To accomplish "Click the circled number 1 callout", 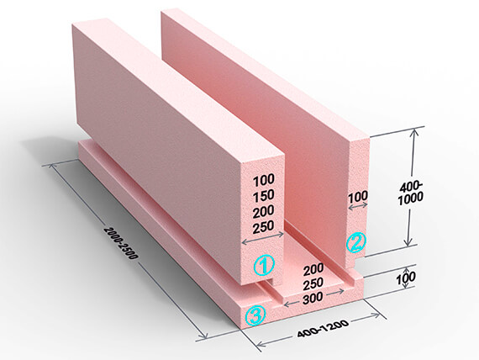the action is (264, 266).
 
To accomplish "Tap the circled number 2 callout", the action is (355, 242).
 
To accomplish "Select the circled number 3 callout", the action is (255, 315).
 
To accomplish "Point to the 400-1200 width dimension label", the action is (323, 329).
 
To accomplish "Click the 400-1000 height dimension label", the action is (411, 193).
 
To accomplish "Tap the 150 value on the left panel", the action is (264, 196).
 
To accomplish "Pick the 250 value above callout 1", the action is (264, 227).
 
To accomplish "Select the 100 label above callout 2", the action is (358, 196).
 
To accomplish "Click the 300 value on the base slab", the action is (313, 297).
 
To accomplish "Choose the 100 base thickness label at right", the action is (406, 278).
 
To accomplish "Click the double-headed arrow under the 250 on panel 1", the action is (263, 238).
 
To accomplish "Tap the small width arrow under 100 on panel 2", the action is (358, 206).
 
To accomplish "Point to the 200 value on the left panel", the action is (264, 212).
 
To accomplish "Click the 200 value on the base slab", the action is (313, 269).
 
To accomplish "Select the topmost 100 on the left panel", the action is (264, 180).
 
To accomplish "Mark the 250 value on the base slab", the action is (313, 283).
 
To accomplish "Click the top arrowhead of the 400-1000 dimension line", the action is (415, 131).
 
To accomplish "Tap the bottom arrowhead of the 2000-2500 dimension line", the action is (203, 336).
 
